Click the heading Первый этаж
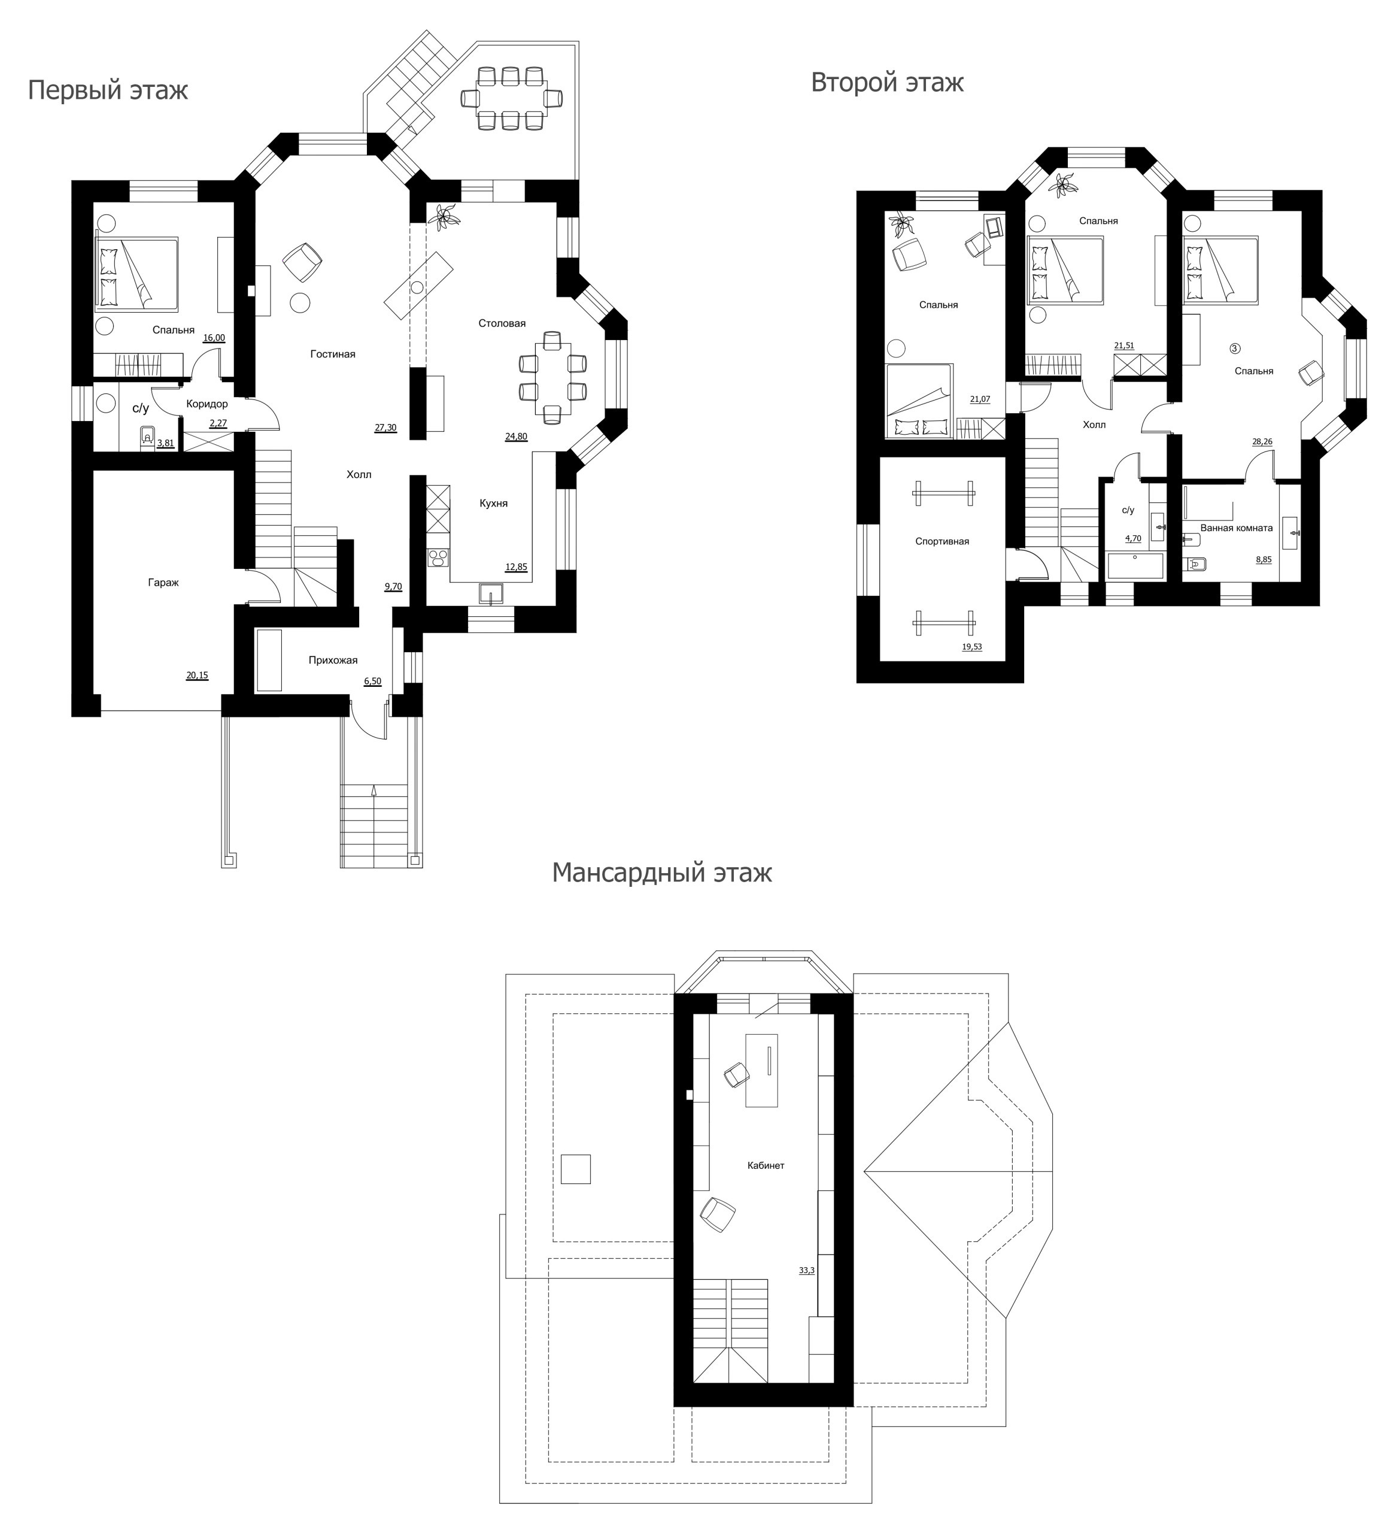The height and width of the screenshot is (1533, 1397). point(108,90)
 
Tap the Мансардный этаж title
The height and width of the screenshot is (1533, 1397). point(661,872)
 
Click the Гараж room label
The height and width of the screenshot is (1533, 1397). point(163,583)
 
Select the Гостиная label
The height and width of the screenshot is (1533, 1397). point(333,353)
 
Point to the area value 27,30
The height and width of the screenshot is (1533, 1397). point(385,428)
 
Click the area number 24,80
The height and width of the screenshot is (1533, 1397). point(516,437)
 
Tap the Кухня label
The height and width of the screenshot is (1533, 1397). point(493,504)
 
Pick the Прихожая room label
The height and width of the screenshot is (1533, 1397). point(333,660)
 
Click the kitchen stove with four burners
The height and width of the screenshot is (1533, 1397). point(439,559)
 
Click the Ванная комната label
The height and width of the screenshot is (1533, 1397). point(1236,528)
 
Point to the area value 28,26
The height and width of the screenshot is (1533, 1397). point(1262,442)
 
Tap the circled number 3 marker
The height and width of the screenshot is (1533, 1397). point(1235,349)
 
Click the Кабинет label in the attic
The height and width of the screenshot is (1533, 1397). point(766,1165)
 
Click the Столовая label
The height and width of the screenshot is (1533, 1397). point(502,323)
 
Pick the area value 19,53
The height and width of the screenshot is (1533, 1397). point(972,647)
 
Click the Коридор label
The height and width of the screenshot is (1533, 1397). point(206,404)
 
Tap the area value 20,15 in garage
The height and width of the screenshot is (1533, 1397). point(197,675)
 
